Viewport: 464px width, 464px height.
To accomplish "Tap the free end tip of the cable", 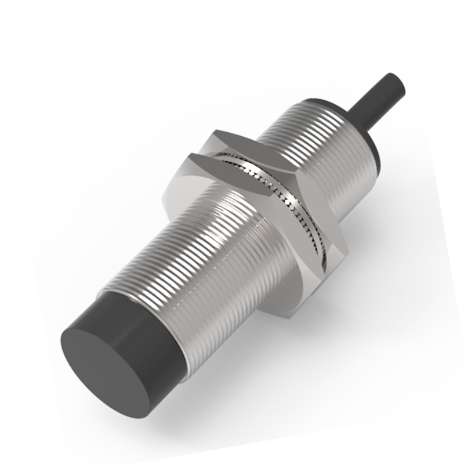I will click(401, 81).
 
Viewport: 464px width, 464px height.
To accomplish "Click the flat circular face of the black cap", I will click(104, 360).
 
